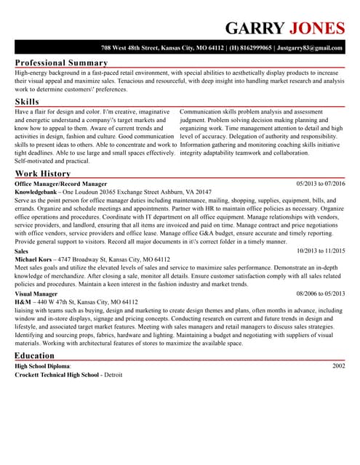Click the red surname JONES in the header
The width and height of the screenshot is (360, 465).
pos(316,28)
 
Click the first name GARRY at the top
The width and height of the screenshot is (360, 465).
pos(255,28)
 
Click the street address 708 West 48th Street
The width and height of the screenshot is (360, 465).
pos(130,47)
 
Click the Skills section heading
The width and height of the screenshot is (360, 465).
pos(27,101)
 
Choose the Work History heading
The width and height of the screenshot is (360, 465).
pos(43,174)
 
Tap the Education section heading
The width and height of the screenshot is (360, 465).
pos(34,355)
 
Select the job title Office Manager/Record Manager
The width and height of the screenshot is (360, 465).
pos(60,185)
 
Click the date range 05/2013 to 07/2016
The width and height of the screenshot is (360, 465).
pos(321,185)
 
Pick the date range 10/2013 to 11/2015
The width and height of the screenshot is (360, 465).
pos(321,251)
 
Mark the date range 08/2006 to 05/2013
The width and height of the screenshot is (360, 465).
pos(321,294)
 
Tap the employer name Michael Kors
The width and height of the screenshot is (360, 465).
pos(34,259)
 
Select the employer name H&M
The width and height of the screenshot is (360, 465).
pos(23,302)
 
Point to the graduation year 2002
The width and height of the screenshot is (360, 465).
pos(338,366)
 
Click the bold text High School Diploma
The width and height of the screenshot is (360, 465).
pos(42,366)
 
